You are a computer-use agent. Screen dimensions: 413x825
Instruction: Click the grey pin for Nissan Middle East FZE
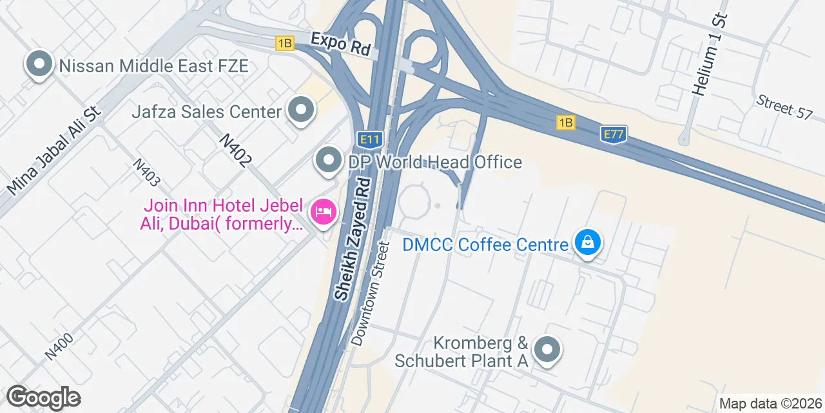coord(39,65)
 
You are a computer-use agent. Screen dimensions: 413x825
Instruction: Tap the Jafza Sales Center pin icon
coord(300,111)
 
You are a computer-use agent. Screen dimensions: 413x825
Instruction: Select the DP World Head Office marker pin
coord(329,161)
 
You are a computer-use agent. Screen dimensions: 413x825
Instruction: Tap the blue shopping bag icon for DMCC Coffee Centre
coord(587,243)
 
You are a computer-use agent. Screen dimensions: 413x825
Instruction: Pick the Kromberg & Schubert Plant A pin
coord(547,350)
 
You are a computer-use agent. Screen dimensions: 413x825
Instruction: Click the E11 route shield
coord(370,139)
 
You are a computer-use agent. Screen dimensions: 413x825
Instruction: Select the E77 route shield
coord(614,134)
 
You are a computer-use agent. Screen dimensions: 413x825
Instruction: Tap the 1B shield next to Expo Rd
coord(284,43)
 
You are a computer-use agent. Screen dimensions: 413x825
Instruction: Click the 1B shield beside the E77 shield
coord(566,123)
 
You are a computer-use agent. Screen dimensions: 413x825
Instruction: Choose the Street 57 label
coord(784,106)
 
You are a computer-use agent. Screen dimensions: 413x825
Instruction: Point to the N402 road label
coord(234,150)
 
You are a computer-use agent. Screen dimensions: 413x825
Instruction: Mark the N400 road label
coord(60,345)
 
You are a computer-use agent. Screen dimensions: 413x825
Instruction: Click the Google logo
coord(43,398)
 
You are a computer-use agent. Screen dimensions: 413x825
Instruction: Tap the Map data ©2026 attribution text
coord(770,404)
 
